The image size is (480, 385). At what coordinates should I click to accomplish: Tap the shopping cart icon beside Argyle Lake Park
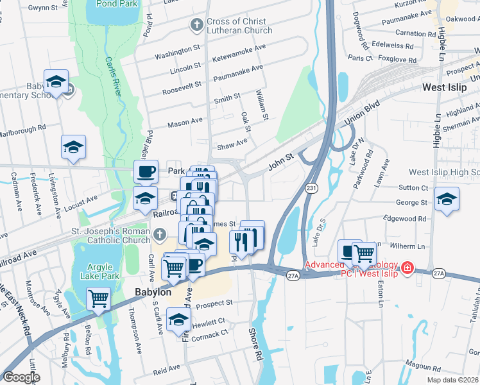tap(98, 298)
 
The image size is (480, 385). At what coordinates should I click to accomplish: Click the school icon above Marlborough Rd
tap(73, 146)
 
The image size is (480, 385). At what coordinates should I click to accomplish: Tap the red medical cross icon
tap(406, 266)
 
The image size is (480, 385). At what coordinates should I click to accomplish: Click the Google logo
tap(21, 377)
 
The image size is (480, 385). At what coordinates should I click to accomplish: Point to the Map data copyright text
tap(453, 380)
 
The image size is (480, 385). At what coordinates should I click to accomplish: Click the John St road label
tap(280, 156)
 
